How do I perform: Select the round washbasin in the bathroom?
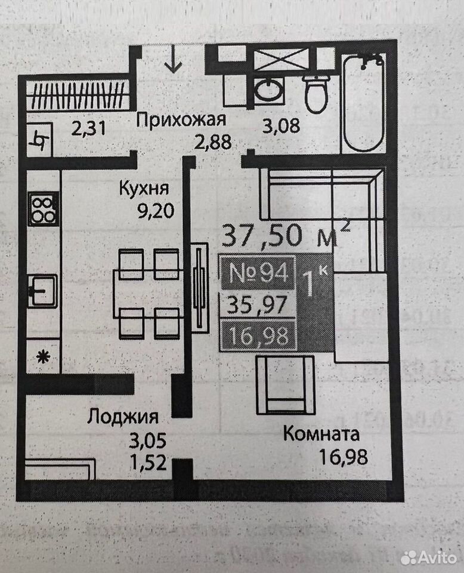point(268,90)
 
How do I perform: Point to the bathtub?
point(363,103)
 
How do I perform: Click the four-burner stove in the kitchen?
point(43,209)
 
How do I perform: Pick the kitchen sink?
point(43,291)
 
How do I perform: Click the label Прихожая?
point(181,120)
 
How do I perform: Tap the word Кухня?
point(144,189)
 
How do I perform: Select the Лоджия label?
point(123,417)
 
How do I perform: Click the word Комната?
point(321,434)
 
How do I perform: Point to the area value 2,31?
point(89,129)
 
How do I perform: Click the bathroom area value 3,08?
point(282,125)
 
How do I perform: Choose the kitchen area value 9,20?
point(156,211)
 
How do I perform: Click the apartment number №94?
point(258,273)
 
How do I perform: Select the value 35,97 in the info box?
point(257,304)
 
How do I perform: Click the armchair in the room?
point(285,385)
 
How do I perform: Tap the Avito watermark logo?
point(429,558)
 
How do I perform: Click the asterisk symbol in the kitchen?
point(43,357)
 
